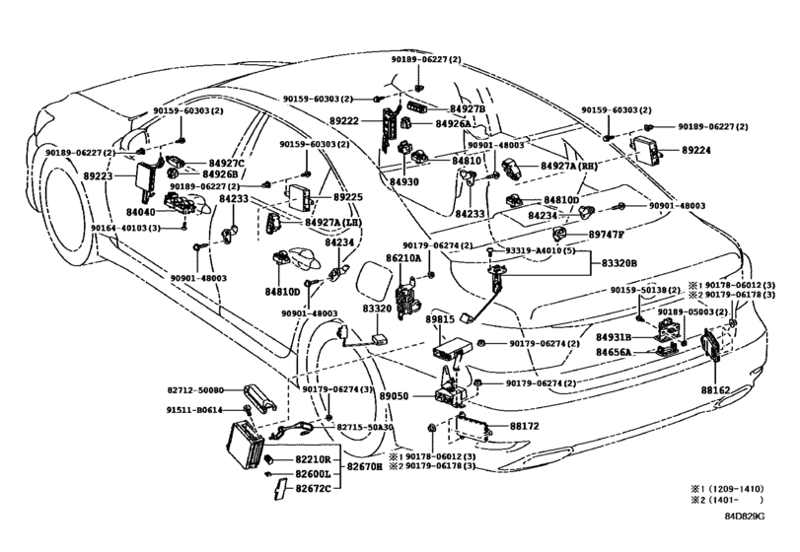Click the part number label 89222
pyautogui.click(x=344, y=121)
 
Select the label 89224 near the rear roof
pyautogui.click(x=695, y=151)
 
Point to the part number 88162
pyautogui.click(x=715, y=390)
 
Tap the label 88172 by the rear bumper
pyautogui.click(x=524, y=426)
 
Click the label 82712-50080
pyautogui.click(x=195, y=390)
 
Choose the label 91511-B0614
pyautogui.click(x=194, y=410)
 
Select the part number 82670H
pyautogui.click(x=365, y=466)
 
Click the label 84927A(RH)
pyautogui.click(x=569, y=167)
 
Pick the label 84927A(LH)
pyautogui.click(x=333, y=223)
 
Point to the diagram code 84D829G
pyautogui.click(x=745, y=516)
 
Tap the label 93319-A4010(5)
pyautogui.click(x=534, y=251)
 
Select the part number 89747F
pyautogui.click(x=606, y=235)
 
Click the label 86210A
pyautogui.click(x=403, y=258)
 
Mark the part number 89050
pyautogui.click(x=396, y=395)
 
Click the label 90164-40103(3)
pyautogui.click(x=125, y=228)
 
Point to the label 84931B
pyautogui.click(x=614, y=337)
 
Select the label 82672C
pyautogui.click(x=314, y=488)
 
